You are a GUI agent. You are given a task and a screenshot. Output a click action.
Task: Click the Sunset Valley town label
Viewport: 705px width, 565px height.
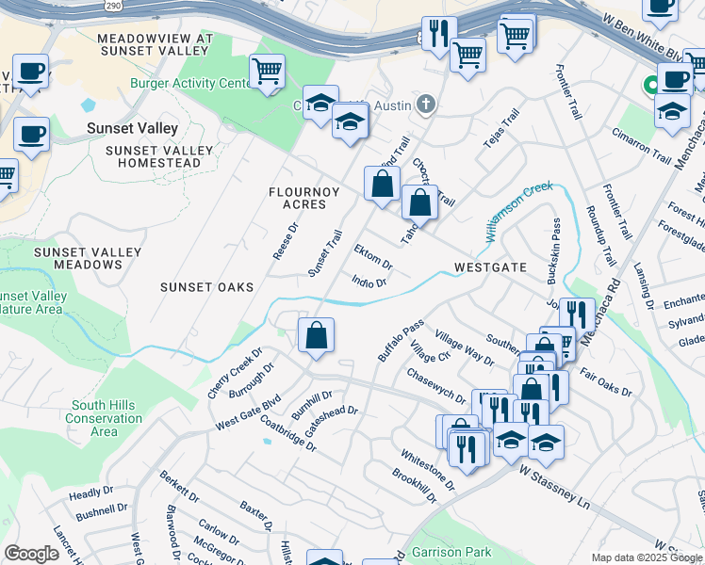point(132,127)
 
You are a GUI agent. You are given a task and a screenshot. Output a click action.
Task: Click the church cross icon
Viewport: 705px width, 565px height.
point(426,103)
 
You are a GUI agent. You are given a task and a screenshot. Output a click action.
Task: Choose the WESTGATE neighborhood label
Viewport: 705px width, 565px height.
point(489,267)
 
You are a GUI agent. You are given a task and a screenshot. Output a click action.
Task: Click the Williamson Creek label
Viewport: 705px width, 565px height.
point(519,212)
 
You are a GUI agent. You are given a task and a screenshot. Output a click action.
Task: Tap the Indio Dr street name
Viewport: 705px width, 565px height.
point(369,282)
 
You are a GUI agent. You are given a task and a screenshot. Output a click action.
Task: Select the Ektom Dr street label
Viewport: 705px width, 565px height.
point(372,256)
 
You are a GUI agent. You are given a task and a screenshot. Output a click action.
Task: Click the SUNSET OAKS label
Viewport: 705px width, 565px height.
point(206,287)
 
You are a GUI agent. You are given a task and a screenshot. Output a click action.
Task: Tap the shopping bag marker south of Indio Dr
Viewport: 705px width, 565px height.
point(317,334)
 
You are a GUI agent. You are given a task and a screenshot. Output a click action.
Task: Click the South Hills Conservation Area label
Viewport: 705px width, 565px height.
point(106,418)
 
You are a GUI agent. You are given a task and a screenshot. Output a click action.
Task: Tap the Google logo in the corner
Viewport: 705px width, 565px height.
point(31,554)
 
